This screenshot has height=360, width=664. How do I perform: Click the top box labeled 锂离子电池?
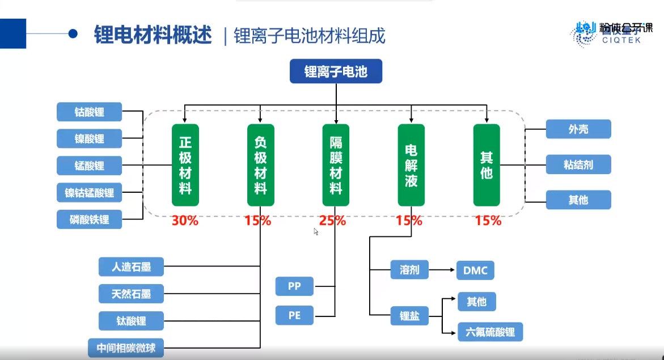coord(336,72)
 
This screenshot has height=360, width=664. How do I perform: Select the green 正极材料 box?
coord(185,165)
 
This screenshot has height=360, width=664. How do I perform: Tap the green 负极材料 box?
coord(261,165)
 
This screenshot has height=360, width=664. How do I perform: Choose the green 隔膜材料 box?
coord(336,165)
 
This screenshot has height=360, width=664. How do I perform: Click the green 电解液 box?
coord(411,165)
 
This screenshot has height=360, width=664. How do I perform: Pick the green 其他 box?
coord(487,165)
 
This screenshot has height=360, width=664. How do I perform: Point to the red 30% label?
coord(185,221)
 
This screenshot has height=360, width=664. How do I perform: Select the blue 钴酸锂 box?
coord(90,112)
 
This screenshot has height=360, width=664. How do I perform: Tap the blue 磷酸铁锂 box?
coord(90,219)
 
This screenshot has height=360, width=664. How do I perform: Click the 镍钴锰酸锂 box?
coord(90,193)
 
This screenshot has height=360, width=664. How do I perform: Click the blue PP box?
coord(294,286)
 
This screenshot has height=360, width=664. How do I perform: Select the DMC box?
coord(475,270)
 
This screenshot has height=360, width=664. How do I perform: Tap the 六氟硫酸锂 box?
coord(490,332)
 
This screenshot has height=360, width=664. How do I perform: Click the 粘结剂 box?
coord(578,165)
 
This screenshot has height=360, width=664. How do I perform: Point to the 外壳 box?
coord(578,129)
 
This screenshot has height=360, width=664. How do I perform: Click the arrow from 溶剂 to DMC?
coord(442,270)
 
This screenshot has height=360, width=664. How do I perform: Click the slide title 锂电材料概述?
coord(153,35)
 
